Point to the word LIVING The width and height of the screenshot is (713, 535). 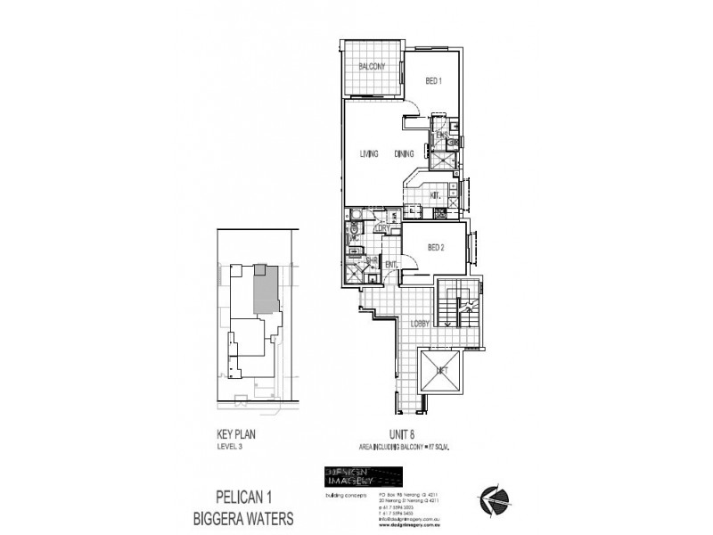369,154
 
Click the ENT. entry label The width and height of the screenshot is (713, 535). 390,264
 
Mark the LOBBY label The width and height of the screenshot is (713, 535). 422,325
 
